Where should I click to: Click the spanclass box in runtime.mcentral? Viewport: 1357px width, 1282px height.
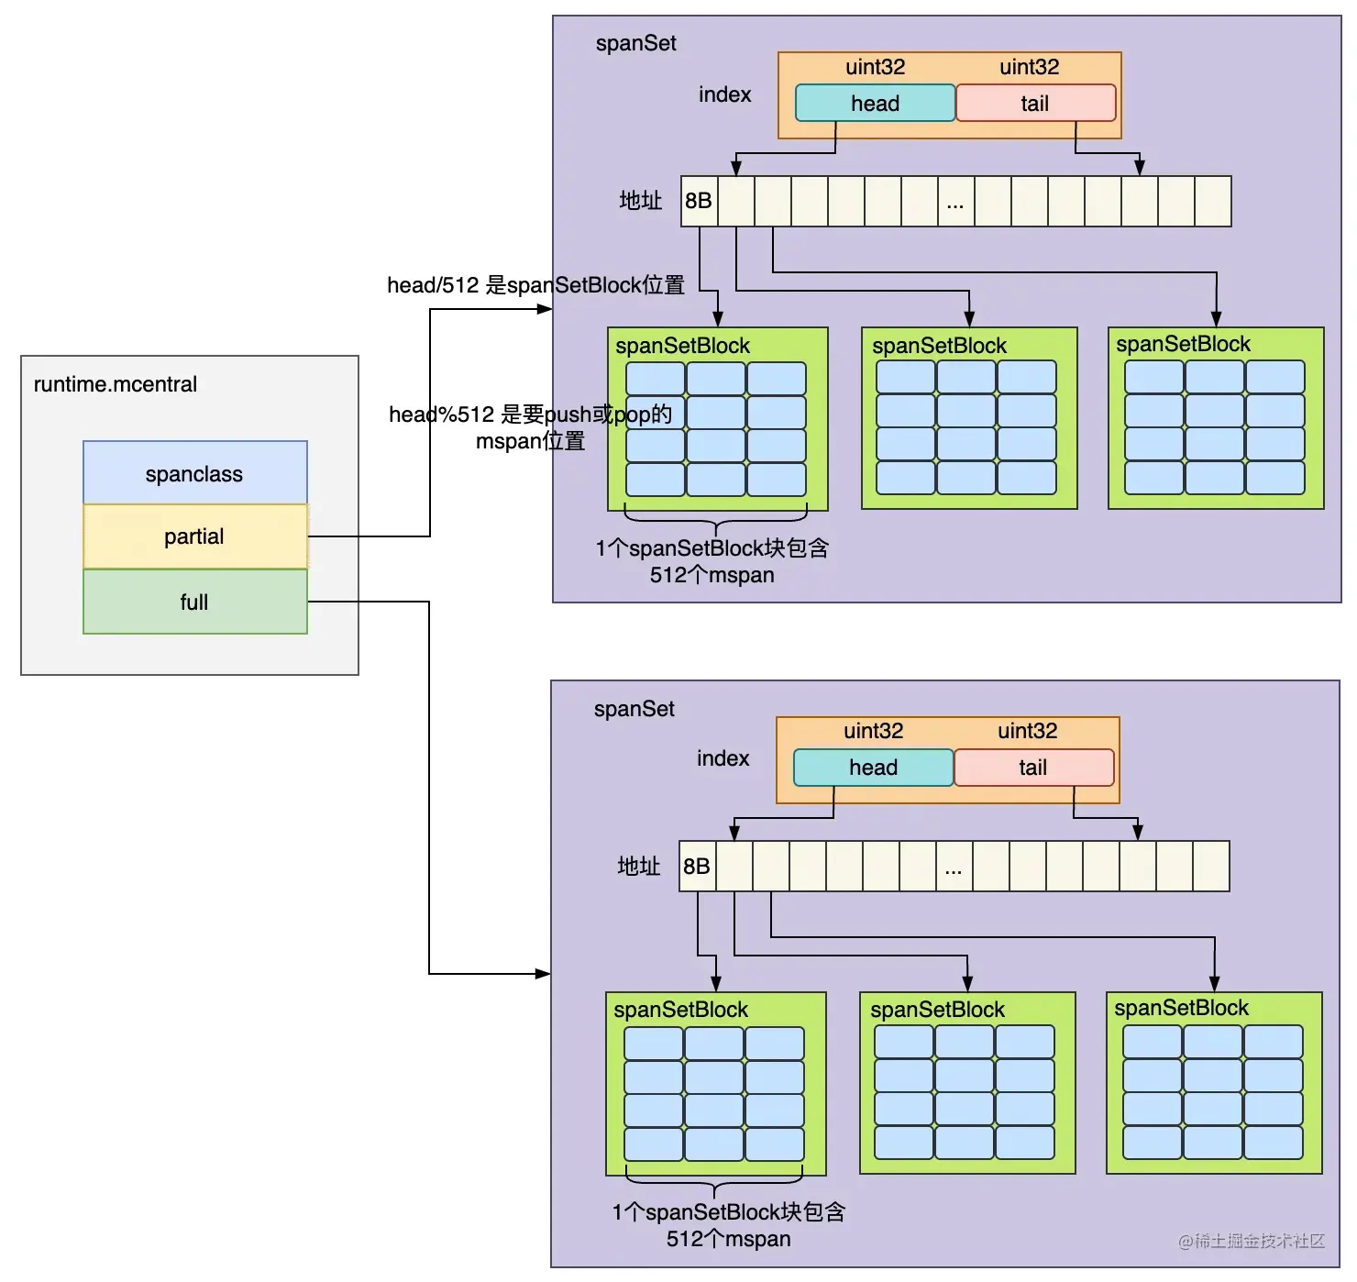point(194,473)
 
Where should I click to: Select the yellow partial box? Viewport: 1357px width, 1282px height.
point(194,536)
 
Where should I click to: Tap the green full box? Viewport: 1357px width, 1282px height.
point(194,602)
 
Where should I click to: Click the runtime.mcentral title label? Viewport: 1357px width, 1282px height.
point(116,384)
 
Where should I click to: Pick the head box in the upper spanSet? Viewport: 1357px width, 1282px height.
point(875,104)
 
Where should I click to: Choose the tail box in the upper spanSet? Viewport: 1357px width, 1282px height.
point(1035,104)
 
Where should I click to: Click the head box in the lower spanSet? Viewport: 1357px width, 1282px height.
point(873,768)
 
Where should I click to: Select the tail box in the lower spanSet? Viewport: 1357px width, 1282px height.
point(1033,768)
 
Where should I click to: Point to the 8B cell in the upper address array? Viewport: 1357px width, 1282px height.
point(699,201)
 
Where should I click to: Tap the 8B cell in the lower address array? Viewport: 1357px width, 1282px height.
point(697,867)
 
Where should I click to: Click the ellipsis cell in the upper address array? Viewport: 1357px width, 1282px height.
point(955,202)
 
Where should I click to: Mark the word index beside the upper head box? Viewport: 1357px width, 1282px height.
point(724,94)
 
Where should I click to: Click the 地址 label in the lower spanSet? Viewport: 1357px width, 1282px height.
point(639,867)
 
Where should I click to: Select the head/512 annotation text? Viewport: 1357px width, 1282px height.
point(535,285)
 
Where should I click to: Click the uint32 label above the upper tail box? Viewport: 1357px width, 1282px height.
point(1029,67)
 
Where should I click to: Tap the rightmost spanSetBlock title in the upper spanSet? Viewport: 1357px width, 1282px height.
point(1183,344)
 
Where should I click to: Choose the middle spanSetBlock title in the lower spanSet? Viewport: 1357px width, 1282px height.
point(937,1010)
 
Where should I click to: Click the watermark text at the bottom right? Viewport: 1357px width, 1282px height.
point(1252,1241)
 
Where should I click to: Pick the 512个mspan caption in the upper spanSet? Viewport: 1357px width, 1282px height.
point(712,575)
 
